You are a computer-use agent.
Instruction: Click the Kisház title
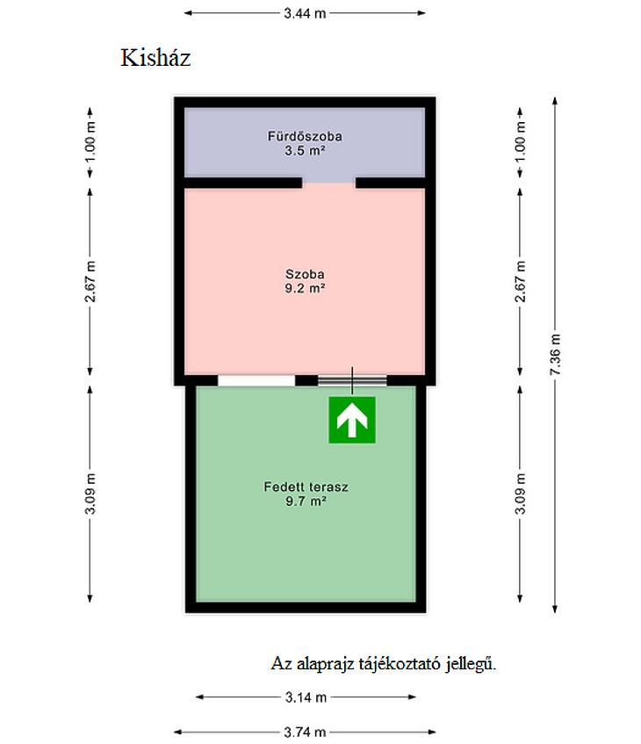[155, 58]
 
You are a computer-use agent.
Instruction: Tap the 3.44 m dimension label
[305, 13]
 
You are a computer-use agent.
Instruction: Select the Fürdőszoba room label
[305, 136]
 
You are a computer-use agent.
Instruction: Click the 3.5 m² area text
[305, 151]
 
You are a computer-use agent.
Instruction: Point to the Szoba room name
[305, 274]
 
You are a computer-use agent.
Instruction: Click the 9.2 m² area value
[305, 288]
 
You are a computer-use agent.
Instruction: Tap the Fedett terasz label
[306, 487]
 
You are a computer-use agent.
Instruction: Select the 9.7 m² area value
[306, 501]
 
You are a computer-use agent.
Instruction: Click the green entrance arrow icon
[352, 420]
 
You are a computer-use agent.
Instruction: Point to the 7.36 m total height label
[555, 355]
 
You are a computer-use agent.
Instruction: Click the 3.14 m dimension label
[306, 697]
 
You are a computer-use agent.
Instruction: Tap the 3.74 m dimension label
[305, 732]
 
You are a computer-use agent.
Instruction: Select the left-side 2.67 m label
[90, 281]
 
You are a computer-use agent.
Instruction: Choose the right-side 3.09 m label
[521, 494]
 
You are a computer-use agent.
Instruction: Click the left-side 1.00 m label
[90, 141]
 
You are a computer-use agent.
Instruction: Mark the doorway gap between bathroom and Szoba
[328, 183]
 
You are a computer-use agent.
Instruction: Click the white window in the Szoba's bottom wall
[256, 380]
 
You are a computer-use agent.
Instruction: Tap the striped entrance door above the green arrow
[352, 380]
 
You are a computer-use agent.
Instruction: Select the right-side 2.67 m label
[521, 281]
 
